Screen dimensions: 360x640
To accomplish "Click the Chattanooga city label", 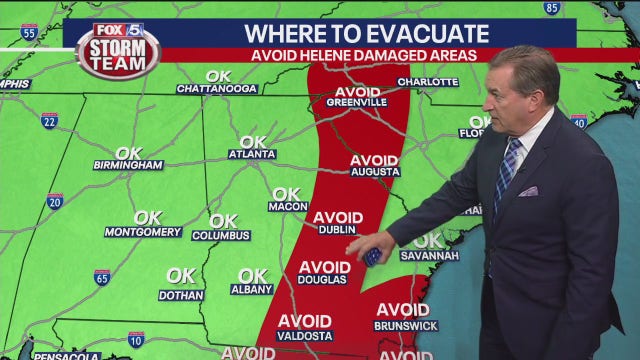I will (x=217, y=89).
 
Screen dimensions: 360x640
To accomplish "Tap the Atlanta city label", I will (x=251, y=155).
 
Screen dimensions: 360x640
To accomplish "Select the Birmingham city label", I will (x=128, y=165).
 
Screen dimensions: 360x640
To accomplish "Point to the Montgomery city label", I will (x=143, y=232).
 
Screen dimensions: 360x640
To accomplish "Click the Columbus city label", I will (x=221, y=235).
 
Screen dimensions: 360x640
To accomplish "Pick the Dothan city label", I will (x=181, y=295).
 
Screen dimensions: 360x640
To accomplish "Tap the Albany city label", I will (x=251, y=289).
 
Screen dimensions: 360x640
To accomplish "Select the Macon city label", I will (x=288, y=207).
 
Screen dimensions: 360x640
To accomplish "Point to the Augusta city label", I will (x=375, y=172).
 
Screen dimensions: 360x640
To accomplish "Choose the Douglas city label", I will (x=322, y=280).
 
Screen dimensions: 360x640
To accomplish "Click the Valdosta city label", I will (x=304, y=336).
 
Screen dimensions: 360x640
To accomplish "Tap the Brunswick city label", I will (x=405, y=325).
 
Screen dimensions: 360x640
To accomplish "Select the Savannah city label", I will (x=429, y=255).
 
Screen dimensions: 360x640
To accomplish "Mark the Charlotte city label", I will (x=428, y=82).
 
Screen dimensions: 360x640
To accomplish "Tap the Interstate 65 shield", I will (x=102, y=277).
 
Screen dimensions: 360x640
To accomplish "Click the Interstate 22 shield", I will (x=49, y=121).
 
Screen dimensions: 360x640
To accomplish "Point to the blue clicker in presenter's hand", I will (x=373, y=257).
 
